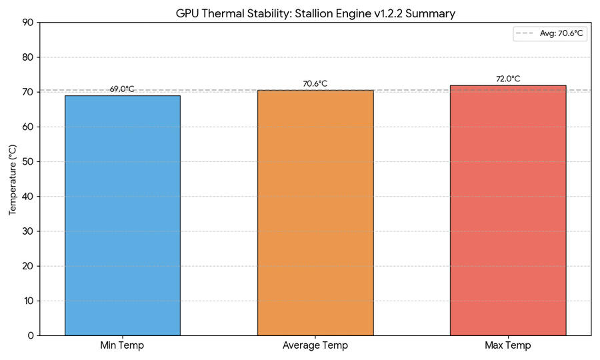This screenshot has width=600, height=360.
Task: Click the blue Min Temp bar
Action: (122, 215)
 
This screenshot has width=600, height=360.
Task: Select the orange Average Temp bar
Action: (315, 213)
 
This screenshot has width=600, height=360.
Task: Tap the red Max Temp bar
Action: (508, 210)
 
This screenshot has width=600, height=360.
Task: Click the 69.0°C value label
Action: (122, 89)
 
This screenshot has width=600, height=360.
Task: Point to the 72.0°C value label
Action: (508, 79)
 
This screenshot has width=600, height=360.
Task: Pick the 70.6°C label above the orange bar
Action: (315, 84)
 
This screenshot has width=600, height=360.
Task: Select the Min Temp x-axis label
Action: (122, 345)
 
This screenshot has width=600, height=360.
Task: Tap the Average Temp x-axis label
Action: (315, 345)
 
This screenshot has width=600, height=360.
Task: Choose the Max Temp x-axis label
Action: (508, 345)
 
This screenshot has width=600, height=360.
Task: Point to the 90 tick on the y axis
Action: (28, 23)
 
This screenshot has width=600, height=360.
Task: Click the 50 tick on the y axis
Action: (28, 162)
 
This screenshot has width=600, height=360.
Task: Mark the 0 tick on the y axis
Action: (31, 336)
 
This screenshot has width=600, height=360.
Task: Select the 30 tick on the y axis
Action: (28, 231)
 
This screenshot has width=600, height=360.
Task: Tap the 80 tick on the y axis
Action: (28, 57)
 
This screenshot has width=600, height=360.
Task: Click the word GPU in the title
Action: (187, 13)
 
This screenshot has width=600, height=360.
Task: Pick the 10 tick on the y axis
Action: (28, 301)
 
